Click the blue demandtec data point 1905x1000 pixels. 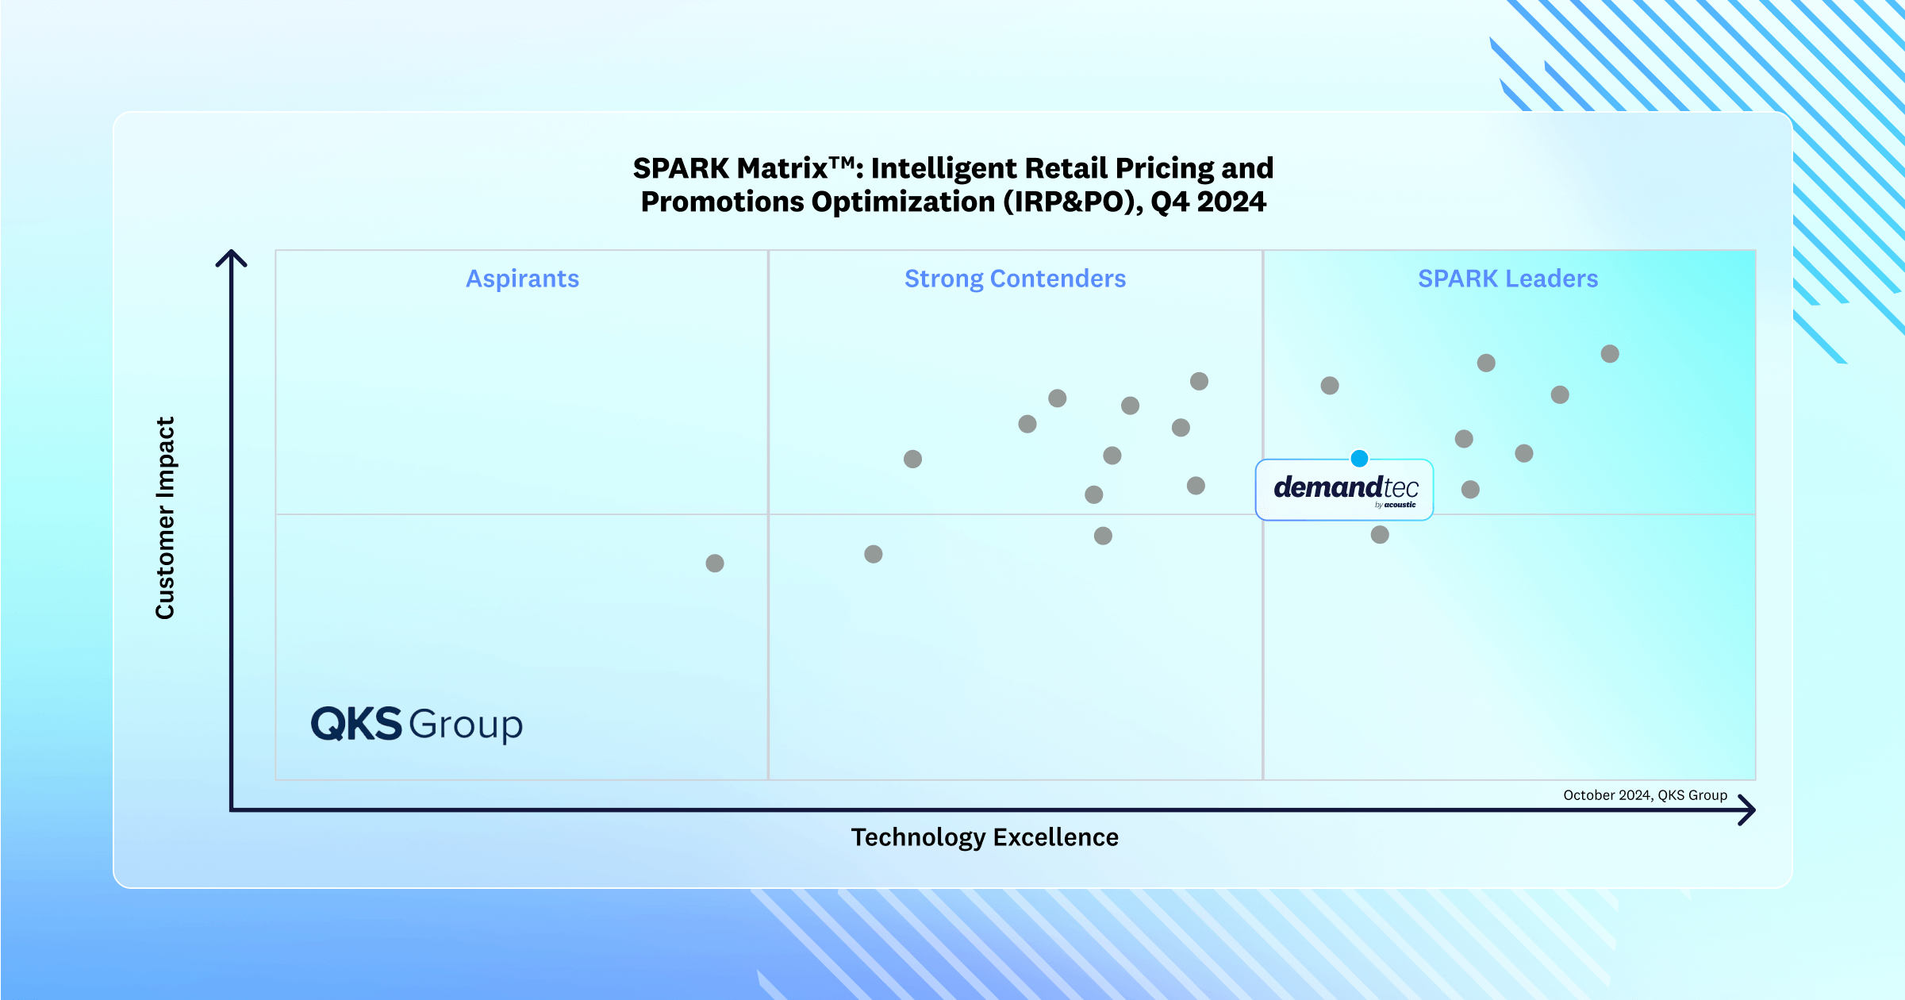[1359, 458]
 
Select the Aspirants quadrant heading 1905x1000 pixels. [522, 279]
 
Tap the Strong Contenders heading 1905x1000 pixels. [1015, 279]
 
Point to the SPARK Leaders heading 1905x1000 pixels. [1507, 279]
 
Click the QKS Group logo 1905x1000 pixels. [417, 724]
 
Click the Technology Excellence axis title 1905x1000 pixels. [985, 837]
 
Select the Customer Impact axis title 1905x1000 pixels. [165, 517]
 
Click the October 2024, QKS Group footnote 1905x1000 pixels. [1645, 795]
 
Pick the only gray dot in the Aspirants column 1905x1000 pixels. [715, 563]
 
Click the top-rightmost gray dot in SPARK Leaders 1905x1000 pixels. [1610, 354]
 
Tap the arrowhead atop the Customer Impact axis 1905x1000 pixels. [231, 257]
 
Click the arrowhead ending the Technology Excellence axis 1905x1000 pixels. [1748, 810]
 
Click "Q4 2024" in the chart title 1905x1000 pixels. [1208, 202]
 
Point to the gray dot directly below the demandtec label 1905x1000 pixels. [1380, 535]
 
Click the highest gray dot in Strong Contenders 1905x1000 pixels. [1199, 382]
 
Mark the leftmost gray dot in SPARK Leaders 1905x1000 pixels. [1330, 386]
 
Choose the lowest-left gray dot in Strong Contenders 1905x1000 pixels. [874, 554]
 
